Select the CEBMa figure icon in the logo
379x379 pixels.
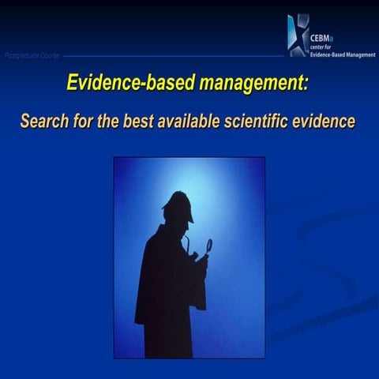pos(297,36)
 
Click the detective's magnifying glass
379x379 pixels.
pos(208,246)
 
